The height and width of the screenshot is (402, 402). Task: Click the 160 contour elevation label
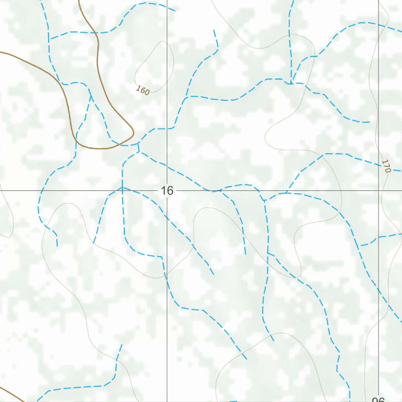point(143,91)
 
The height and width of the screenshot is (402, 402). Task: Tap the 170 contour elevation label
point(386,166)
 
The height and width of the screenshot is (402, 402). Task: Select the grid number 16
point(167,191)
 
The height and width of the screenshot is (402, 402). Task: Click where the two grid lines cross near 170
point(378,190)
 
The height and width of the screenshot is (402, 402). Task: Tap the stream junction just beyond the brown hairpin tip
point(139,145)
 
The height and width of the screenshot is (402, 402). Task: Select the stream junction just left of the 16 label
point(122,188)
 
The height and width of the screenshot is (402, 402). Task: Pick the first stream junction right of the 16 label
point(212,191)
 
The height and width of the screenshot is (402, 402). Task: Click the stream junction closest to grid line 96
point(361,246)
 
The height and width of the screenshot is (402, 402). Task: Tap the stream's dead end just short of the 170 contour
point(369,122)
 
